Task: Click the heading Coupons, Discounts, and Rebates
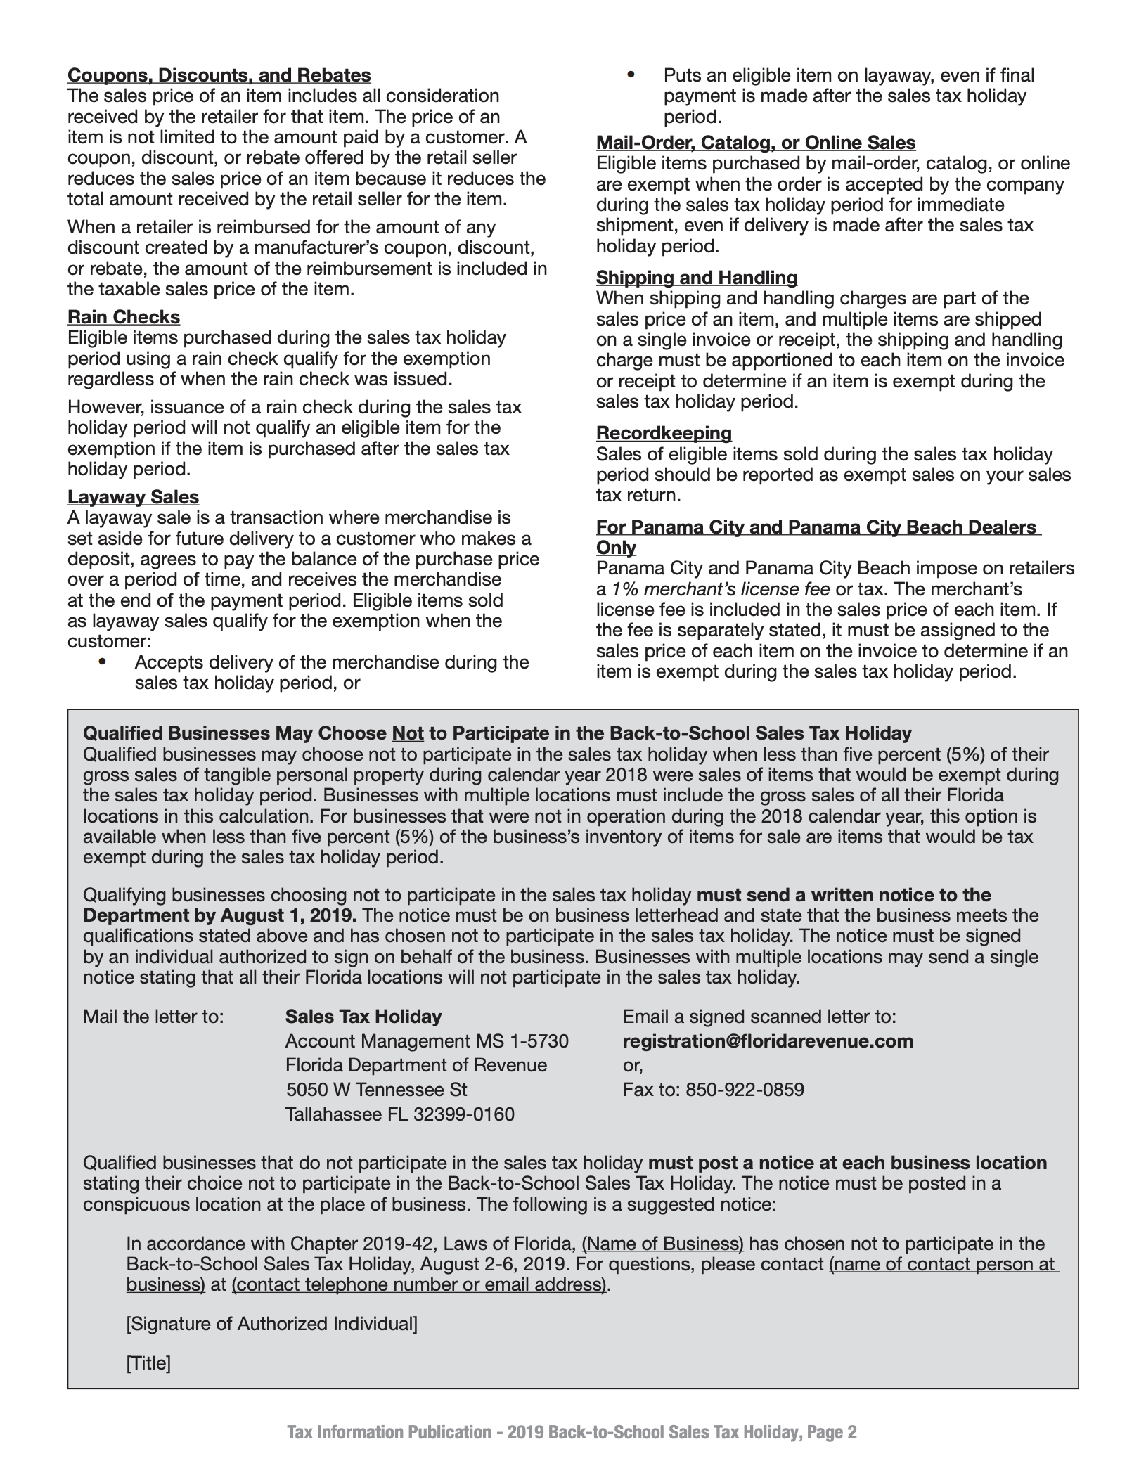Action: [x=219, y=75]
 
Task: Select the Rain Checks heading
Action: [x=124, y=317]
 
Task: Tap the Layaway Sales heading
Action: [x=133, y=497]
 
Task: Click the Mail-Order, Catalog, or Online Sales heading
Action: [x=756, y=143]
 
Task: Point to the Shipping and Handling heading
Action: [x=697, y=278]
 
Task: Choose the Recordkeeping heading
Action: [x=664, y=433]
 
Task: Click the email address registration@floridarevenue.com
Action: [x=768, y=1041]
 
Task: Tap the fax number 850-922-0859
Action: [x=745, y=1090]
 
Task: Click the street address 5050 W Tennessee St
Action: [x=376, y=1090]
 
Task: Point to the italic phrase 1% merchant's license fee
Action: [x=721, y=589]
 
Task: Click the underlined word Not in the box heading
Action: [x=408, y=733]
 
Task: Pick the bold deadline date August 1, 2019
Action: [x=288, y=915]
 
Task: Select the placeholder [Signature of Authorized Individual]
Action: [x=271, y=1324]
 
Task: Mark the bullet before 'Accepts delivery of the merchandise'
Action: [x=103, y=662]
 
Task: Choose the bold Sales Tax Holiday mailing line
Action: [x=363, y=1017]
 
